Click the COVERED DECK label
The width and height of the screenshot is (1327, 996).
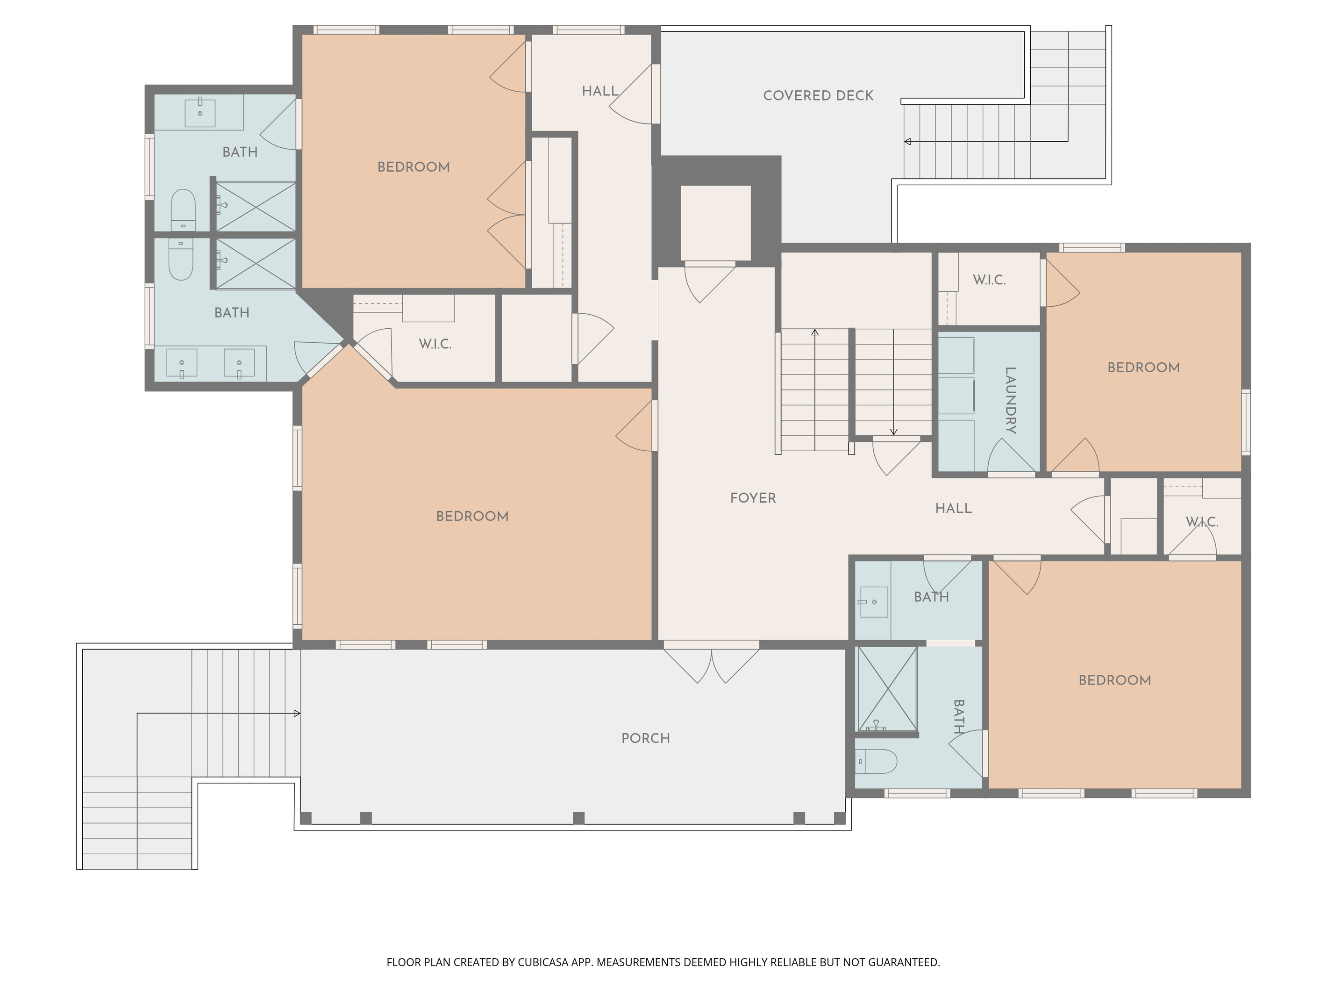pyautogui.click(x=818, y=95)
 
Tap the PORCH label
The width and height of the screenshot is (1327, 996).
pyautogui.click(x=645, y=738)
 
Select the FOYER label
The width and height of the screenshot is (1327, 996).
pyautogui.click(x=753, y=498)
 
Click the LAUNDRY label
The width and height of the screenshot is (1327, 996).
pyautogui.click(x=1010, y=400)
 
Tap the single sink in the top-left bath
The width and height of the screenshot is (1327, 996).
pyautogui.click(x=200, y=112)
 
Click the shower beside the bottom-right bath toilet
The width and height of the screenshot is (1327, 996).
pyautogui.click(x=887, y=689)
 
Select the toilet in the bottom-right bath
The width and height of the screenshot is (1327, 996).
pyautogui.click(x=876, y=761)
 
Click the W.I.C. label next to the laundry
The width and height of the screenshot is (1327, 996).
pyautogui.click(x=989, y=280)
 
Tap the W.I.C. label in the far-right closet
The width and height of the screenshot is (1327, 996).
pyautogui.click(x=1202, y=522)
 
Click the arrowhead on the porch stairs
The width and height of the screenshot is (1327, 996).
pyautogui.click(x=297, y=713)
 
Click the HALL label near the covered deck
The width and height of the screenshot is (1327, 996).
pyautogui.click(x=600, y=91)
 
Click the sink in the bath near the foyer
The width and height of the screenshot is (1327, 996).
pyautogui.click(x=874, y=601)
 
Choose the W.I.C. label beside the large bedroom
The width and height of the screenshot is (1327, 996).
pyautogui.click(x=435, y=344)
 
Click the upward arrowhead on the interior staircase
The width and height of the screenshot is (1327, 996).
pyautogui.click(x=815, y=332)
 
